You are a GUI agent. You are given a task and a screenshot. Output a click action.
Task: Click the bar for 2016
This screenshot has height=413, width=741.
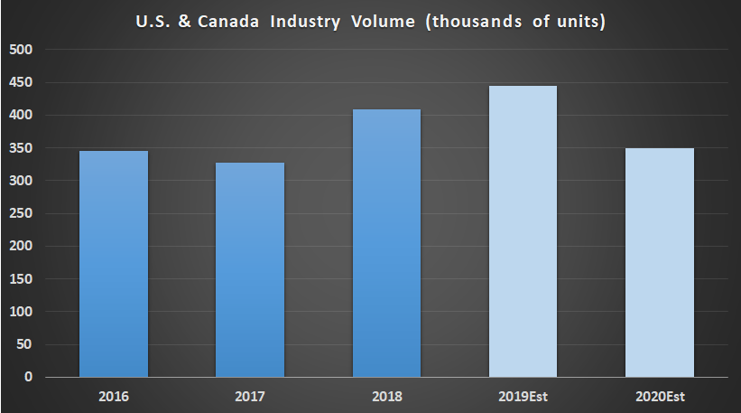coord(114,263)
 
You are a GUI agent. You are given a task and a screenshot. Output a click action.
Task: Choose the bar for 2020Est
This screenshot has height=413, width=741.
coord(659,262)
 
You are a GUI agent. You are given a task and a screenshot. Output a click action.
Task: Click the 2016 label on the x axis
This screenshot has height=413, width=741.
coord(114,395)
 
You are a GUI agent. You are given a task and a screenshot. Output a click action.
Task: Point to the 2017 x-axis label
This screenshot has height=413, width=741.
coord(250,395)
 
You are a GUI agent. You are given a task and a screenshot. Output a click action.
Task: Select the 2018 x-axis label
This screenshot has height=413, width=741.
coord(386,395)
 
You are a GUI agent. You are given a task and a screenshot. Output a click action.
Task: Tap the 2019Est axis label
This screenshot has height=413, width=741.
coord(523,395)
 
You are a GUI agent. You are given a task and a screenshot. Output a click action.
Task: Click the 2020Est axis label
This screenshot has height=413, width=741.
coord(659,395)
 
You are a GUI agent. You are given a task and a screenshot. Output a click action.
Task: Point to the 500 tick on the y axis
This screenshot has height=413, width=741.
coord(23,50)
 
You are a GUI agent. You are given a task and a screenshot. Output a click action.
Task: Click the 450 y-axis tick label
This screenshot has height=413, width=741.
coord(23,82)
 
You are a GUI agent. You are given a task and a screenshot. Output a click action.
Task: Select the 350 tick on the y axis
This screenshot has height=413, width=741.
coord(23,148)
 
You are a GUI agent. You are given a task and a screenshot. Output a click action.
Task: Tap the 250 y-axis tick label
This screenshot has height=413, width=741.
coord(23,213)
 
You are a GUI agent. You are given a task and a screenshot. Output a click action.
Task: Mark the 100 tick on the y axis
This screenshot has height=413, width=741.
coord(23,312)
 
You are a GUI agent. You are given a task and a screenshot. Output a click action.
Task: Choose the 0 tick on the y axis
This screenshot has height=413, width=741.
coord(29,377)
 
